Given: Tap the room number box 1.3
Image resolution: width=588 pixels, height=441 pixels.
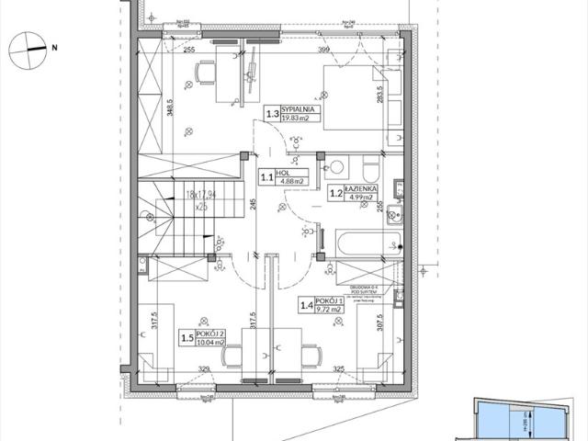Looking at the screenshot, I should click(273, 115).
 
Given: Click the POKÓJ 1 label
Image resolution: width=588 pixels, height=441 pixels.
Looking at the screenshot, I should click(329, 301).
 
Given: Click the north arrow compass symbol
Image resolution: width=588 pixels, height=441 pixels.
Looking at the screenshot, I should click(28, 47).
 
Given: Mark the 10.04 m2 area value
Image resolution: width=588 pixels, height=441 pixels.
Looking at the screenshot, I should click(210, 343).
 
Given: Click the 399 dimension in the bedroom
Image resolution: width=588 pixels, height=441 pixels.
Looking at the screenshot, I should click(322, 49).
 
